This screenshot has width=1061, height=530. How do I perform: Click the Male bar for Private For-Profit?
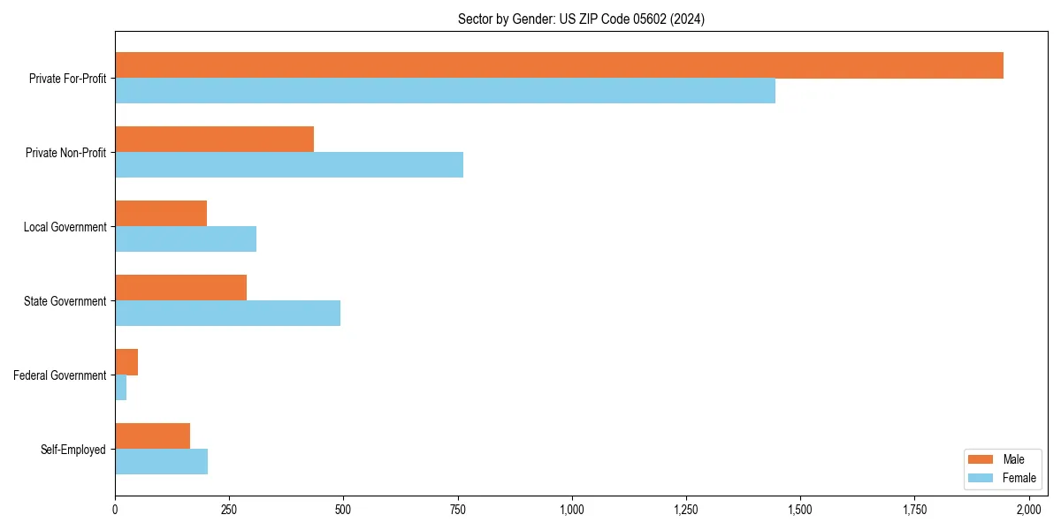(559, 65)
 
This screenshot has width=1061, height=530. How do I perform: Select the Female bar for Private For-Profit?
(445, 91)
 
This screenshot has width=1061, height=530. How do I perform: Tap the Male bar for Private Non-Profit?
(214, 140)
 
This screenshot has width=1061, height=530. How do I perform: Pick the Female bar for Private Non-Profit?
(289, 165)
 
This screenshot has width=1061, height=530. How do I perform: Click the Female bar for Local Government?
(186, 239)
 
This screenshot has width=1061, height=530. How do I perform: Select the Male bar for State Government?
(180, 288)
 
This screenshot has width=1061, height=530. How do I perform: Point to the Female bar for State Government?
(227, 314)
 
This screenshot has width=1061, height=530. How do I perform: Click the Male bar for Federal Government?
(126, 362)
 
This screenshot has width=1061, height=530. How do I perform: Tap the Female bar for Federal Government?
(121, 388)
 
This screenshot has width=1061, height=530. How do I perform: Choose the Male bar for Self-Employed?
(152, 436)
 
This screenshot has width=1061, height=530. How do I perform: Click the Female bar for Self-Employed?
(161, 462)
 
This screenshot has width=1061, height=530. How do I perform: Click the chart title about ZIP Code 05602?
(581, 19)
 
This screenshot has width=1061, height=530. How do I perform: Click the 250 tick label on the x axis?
(229, 510)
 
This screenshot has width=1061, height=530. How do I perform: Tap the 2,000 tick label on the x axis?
(1028, 510)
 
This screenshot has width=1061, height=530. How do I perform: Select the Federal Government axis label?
(60, 375)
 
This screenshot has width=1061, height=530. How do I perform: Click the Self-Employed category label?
(73, 450)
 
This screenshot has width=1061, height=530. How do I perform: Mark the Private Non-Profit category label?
(65, 153)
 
